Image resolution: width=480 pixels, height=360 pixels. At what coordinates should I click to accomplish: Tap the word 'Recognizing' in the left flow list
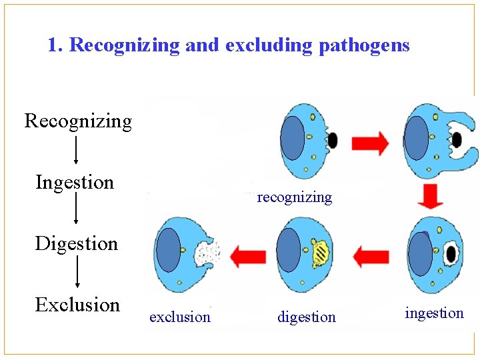tap(78, 121)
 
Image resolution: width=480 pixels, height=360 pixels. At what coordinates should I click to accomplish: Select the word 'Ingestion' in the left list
tap(75, 182)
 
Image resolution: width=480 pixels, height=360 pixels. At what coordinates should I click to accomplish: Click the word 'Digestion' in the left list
tap(76, 243)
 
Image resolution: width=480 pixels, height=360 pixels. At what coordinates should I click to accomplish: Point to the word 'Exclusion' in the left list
tap(77, 305)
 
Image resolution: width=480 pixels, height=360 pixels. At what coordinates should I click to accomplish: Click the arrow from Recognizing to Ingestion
tap(76, 150)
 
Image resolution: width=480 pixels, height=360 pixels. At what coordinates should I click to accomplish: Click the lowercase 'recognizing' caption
tap(294, 197)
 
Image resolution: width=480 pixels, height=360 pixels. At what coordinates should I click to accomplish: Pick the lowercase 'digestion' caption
tap(307, 317)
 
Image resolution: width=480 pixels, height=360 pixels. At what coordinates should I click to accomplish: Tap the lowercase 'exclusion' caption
tap(180, 317)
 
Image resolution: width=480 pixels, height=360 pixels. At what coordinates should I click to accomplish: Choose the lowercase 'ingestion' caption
tap(434, 313)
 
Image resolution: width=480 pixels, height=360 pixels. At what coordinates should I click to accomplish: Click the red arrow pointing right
tap(370, 143)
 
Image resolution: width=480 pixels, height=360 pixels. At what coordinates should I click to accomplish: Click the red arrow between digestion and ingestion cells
tap(371, 255)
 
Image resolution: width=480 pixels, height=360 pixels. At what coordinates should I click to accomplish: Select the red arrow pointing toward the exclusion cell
tap(247, 255)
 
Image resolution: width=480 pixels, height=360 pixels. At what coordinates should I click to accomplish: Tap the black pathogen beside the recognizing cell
tap(332, 140)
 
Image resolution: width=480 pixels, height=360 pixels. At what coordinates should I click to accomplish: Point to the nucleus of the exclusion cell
tap(168, 250)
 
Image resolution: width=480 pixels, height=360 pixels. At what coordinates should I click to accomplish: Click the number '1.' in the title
tap(56, 46)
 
